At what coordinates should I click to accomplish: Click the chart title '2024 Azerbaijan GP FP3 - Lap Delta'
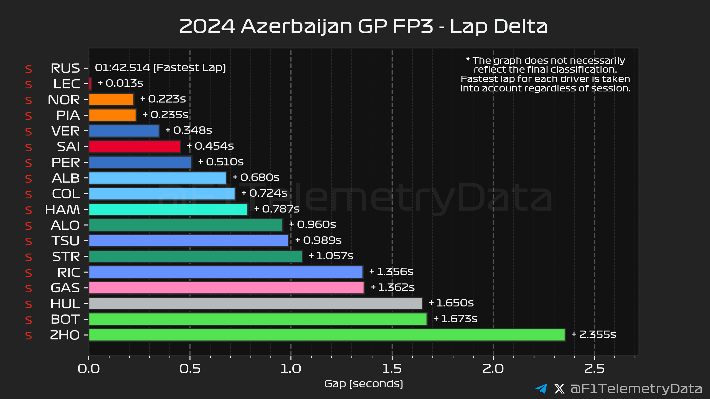click(363, 27)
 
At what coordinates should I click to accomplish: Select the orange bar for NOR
click(111, 99)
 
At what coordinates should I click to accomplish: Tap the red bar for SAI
click(135, 147)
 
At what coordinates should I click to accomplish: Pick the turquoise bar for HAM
click(168, 209)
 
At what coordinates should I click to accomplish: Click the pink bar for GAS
click(226, 288)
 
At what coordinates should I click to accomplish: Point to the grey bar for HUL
click(255, 303)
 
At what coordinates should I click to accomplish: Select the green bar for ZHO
click(327, 335)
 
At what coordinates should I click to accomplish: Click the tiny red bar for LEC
click(90, 84)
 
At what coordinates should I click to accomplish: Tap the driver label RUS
click(65, 68)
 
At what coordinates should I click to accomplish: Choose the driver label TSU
click(65, 241)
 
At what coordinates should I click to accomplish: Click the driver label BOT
click(65, 319)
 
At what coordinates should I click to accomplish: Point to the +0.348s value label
click(189, 130)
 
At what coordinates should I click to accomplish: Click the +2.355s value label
click(594, 334)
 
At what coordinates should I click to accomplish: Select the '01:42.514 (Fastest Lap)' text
click(160, 68)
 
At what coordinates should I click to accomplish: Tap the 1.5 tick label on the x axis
click(392, 369)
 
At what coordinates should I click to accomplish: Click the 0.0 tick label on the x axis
click(88, 369)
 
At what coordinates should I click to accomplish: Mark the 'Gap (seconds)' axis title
click(364, 384)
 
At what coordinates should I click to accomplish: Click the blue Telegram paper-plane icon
click(541, 388)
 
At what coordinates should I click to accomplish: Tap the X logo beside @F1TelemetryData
click(559, 388)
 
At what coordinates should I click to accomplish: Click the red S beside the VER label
click(28, 132)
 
